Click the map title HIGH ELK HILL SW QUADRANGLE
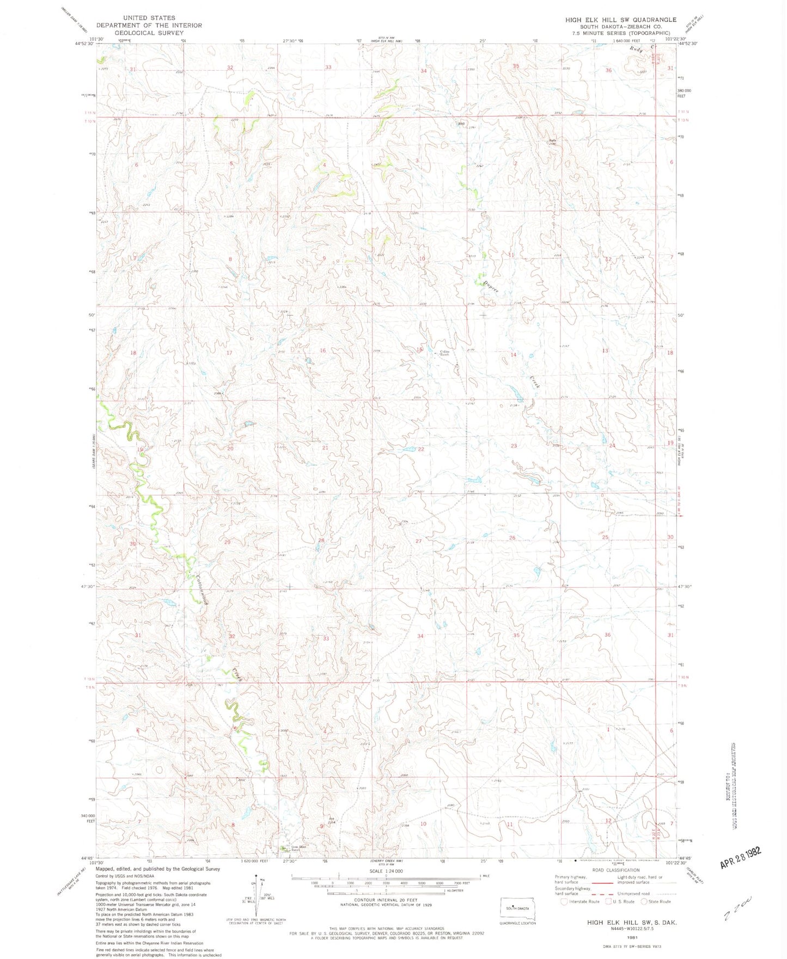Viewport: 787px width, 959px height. (x=621, y=20)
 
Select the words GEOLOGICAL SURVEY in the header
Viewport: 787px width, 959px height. (x=149, y=33)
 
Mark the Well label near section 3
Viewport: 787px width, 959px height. (x=461, y=124)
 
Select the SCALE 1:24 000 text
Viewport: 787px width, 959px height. (x=385, y=871)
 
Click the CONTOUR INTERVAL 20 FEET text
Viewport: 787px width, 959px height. (x=385, y=900)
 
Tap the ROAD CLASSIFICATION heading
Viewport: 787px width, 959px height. (x=618, y=870)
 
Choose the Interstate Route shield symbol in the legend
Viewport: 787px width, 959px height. (x=564, y=902)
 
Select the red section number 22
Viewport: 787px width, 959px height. (x=421, y=449)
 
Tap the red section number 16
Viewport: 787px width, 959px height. (x=322, y=351)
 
